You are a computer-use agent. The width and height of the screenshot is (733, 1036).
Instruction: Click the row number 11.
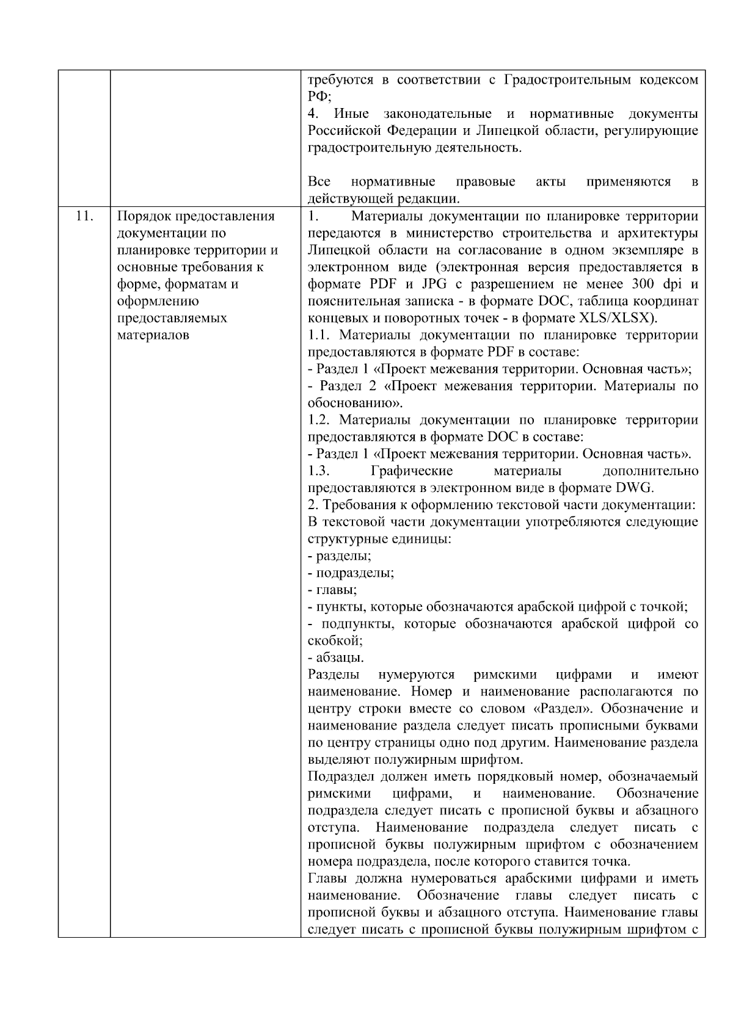[x=84, y=216]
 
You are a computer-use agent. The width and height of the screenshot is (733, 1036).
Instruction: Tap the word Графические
[x=411, y=471]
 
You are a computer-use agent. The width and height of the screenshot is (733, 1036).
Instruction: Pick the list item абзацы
[x=340, y=658]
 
